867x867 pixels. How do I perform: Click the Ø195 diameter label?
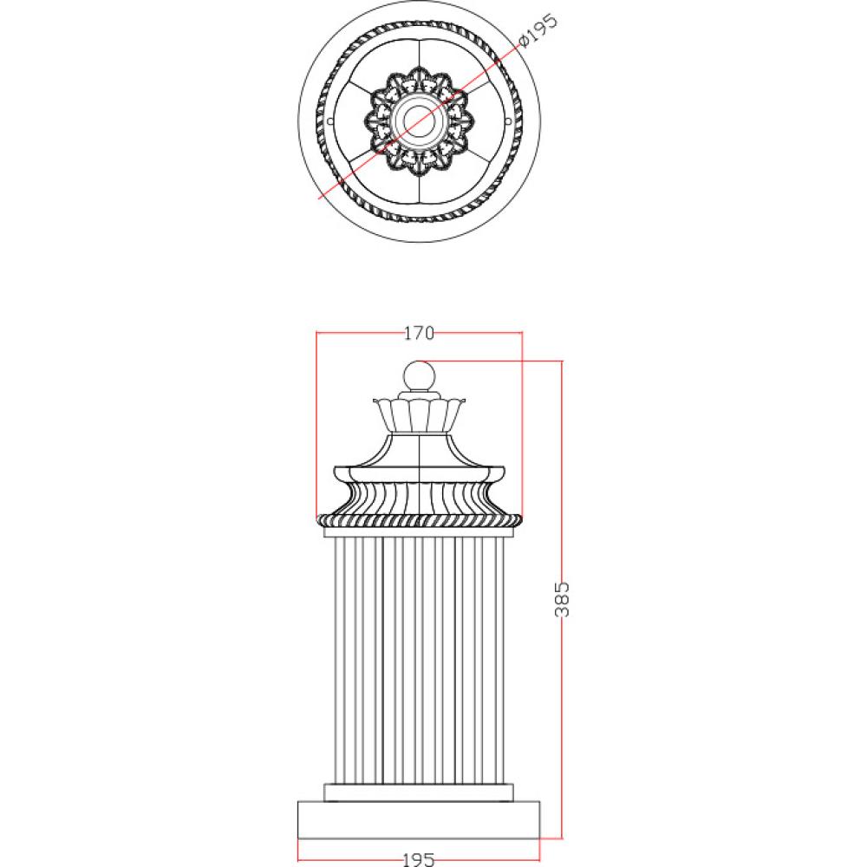coord(538,31)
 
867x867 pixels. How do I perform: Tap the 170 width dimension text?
coord(419,333)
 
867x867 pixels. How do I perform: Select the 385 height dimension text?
coord(561,599)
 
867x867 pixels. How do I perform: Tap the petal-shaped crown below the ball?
coord(419,414)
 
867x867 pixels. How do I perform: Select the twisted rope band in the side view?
coord(419,519)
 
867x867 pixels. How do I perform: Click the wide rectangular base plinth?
coord(419,819)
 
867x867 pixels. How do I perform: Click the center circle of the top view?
coord(419,120)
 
